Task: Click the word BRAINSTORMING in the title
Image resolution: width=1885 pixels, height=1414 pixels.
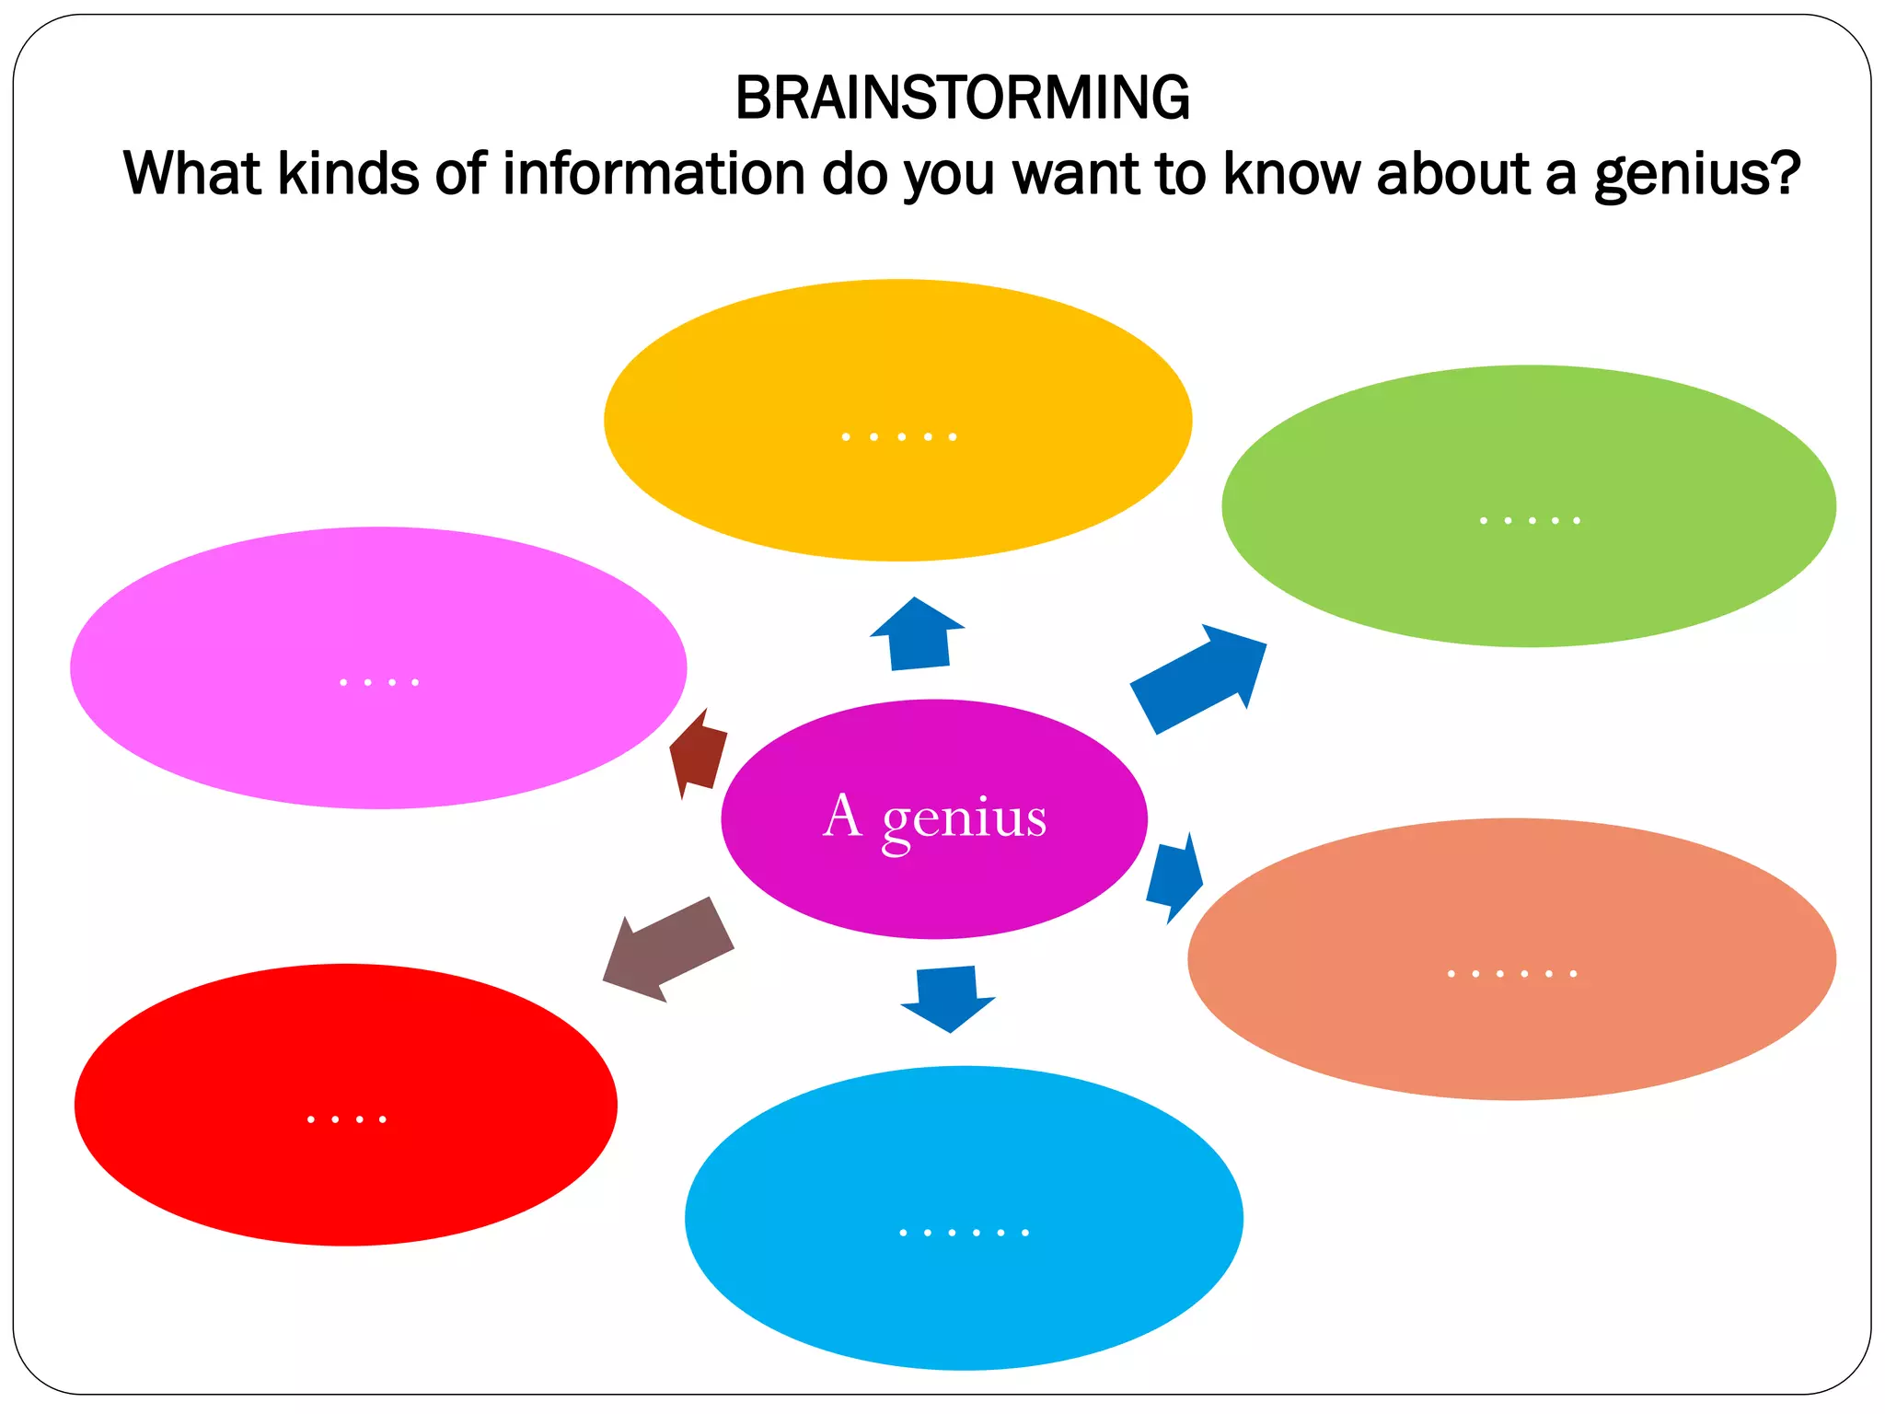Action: (x=962, y=98)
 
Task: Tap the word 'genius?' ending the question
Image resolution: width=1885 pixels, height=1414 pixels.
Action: (x=1696, y=175)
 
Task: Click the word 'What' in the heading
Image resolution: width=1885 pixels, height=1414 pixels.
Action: (x=192, y=173)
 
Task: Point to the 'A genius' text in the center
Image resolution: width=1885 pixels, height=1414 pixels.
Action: (x=934, y=817)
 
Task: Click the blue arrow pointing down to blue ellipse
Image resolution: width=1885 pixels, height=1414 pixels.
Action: (x=948, y=997)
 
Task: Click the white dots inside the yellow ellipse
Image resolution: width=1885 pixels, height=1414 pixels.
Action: (x=898, y=436)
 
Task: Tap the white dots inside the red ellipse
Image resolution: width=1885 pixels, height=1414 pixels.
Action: (x=346, y=1119)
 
